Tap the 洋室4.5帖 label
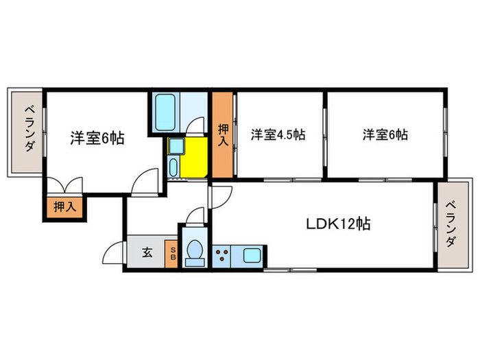277,135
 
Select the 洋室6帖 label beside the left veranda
97,138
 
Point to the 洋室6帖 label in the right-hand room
385,135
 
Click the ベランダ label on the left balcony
29,130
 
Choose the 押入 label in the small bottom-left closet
65,206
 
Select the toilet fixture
195,252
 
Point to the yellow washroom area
195,156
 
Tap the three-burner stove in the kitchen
222,256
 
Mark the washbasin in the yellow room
173,165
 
